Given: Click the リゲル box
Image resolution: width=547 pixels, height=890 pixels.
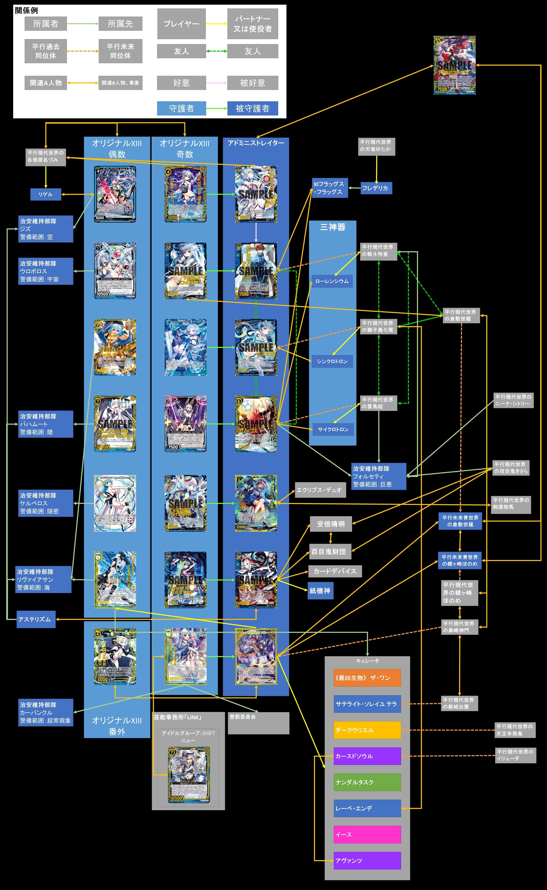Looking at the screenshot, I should coord(46,194).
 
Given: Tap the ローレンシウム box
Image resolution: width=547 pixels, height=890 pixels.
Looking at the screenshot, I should coord(332,281).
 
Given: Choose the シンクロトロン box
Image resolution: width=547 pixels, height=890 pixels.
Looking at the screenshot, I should coord(332,361).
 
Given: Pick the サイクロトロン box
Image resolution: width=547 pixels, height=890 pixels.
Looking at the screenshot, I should coord(333,430).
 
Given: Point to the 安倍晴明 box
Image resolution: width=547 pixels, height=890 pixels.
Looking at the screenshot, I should coord(331,524).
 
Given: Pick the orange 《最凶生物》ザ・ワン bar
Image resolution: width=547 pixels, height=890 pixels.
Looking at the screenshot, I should coord(367,678).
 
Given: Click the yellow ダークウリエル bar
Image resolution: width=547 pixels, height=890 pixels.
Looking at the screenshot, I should coord(367,730).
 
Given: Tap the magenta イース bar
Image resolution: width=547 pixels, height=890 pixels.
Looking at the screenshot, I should coord(367,834).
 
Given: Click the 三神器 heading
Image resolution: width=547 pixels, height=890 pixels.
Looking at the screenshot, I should coord(332,227).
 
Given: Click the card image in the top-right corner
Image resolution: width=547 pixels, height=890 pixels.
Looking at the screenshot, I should coord(454,65).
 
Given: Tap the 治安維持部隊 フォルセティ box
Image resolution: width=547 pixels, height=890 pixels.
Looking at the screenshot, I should coord(378,476).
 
